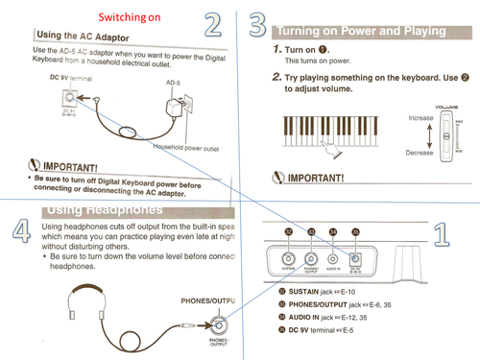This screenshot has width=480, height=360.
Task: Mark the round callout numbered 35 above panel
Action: [x=355, y=231]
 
